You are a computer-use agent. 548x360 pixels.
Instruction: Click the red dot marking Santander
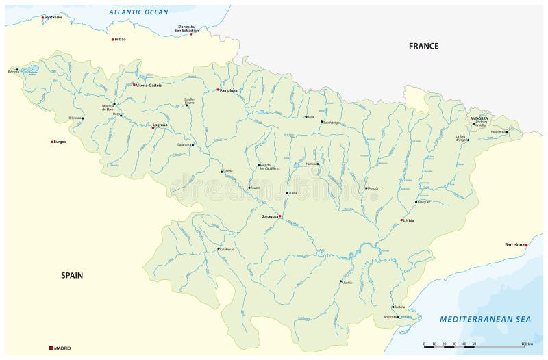click(x=42, y=17)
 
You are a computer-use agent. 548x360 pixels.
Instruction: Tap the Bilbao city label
click(x=121, y=40)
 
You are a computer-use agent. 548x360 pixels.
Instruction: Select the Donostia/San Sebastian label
click(x=187, y=29)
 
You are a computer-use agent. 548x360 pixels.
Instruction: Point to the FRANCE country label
click(x=423, y=46)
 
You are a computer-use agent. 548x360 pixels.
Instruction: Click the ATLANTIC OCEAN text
click(x=138, y=12)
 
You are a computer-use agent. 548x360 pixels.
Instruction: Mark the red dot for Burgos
click(x=52, y=142)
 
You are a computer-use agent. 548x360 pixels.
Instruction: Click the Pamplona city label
click(x=229, y=90)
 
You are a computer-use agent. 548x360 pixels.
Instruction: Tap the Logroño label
click(x=160, y=125)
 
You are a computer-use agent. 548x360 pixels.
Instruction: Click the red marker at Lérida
click(x=401, y=220)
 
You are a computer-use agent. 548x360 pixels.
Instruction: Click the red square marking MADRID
click(x=51, y=348)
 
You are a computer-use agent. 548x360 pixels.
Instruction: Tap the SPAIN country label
click(x=72, y=276)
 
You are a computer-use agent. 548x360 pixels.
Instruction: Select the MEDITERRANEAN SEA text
click(x=485, y=319)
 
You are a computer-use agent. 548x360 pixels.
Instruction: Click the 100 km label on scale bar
click(x=527, y=343)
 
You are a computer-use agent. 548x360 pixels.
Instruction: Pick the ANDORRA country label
click(x=480, y=118)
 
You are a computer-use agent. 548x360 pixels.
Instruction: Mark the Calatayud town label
click(x=227, y=250)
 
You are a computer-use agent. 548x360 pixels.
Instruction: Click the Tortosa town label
click(x=400, y=307)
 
